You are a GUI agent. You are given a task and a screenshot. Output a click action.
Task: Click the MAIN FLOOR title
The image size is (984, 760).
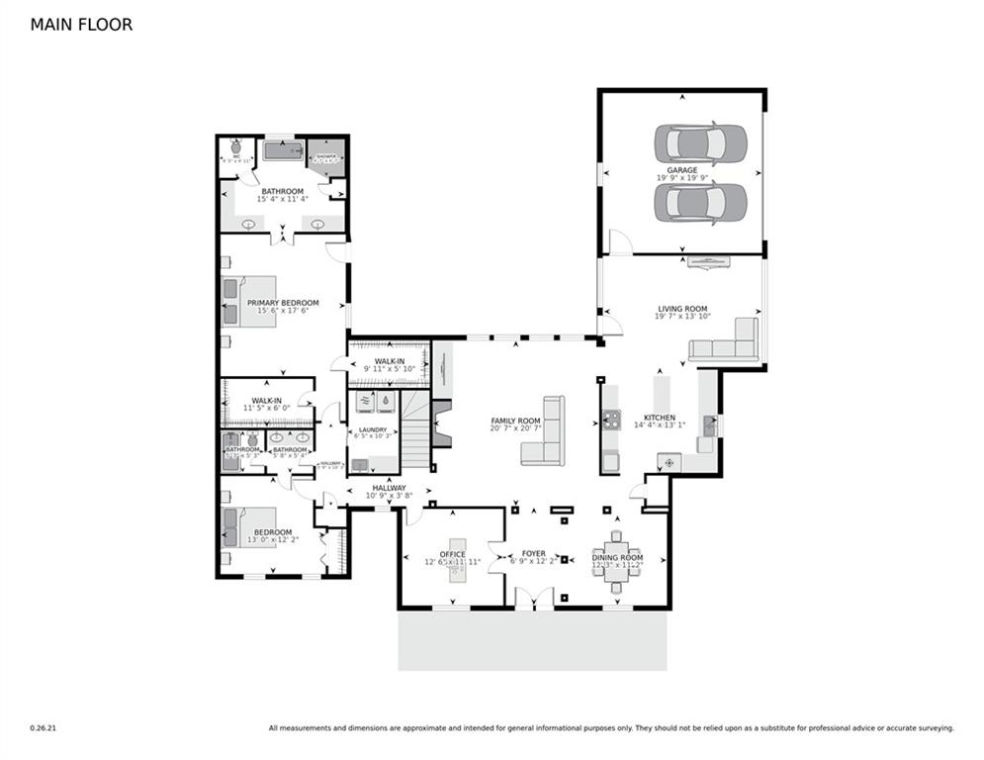[81, 25]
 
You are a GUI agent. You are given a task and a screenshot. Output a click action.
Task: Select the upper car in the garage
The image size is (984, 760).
[700, 144]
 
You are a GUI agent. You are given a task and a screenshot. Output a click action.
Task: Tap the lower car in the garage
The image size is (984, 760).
[700, 203]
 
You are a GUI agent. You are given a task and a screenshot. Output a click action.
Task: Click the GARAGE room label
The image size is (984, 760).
[681, 170]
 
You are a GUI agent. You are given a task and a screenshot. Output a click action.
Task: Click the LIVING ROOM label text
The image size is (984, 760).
[682, 309]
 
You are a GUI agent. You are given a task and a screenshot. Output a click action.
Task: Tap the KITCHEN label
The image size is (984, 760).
[660, 418]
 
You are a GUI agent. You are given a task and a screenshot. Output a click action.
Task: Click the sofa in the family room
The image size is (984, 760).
[545, 431]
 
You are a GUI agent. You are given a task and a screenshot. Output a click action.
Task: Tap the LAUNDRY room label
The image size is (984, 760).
[373, 430]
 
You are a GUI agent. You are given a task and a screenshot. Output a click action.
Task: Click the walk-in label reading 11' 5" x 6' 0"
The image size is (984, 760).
[267, 406]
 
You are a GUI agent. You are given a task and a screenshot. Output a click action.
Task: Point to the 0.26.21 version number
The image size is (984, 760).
[44, 727]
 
